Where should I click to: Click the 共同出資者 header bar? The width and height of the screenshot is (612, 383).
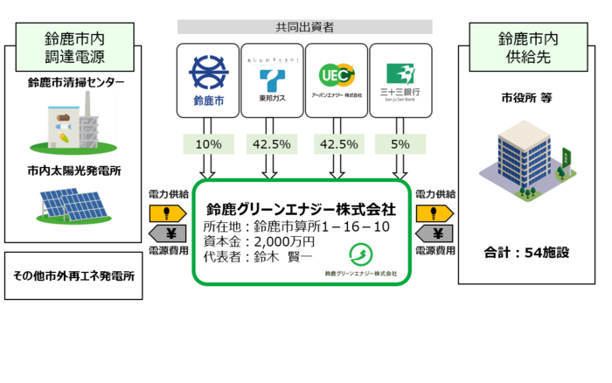304,27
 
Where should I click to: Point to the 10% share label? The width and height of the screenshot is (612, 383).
208,143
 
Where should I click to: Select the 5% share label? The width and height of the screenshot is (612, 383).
400,143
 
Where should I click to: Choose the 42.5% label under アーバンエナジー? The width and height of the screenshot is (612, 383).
337,143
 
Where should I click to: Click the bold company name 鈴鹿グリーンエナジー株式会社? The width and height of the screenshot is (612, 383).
301,210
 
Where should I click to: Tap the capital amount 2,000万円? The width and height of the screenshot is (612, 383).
282,241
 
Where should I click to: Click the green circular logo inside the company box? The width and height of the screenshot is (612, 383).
360,254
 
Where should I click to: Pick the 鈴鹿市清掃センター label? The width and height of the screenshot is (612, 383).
76,83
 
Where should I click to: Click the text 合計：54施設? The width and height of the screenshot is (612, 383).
527,253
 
